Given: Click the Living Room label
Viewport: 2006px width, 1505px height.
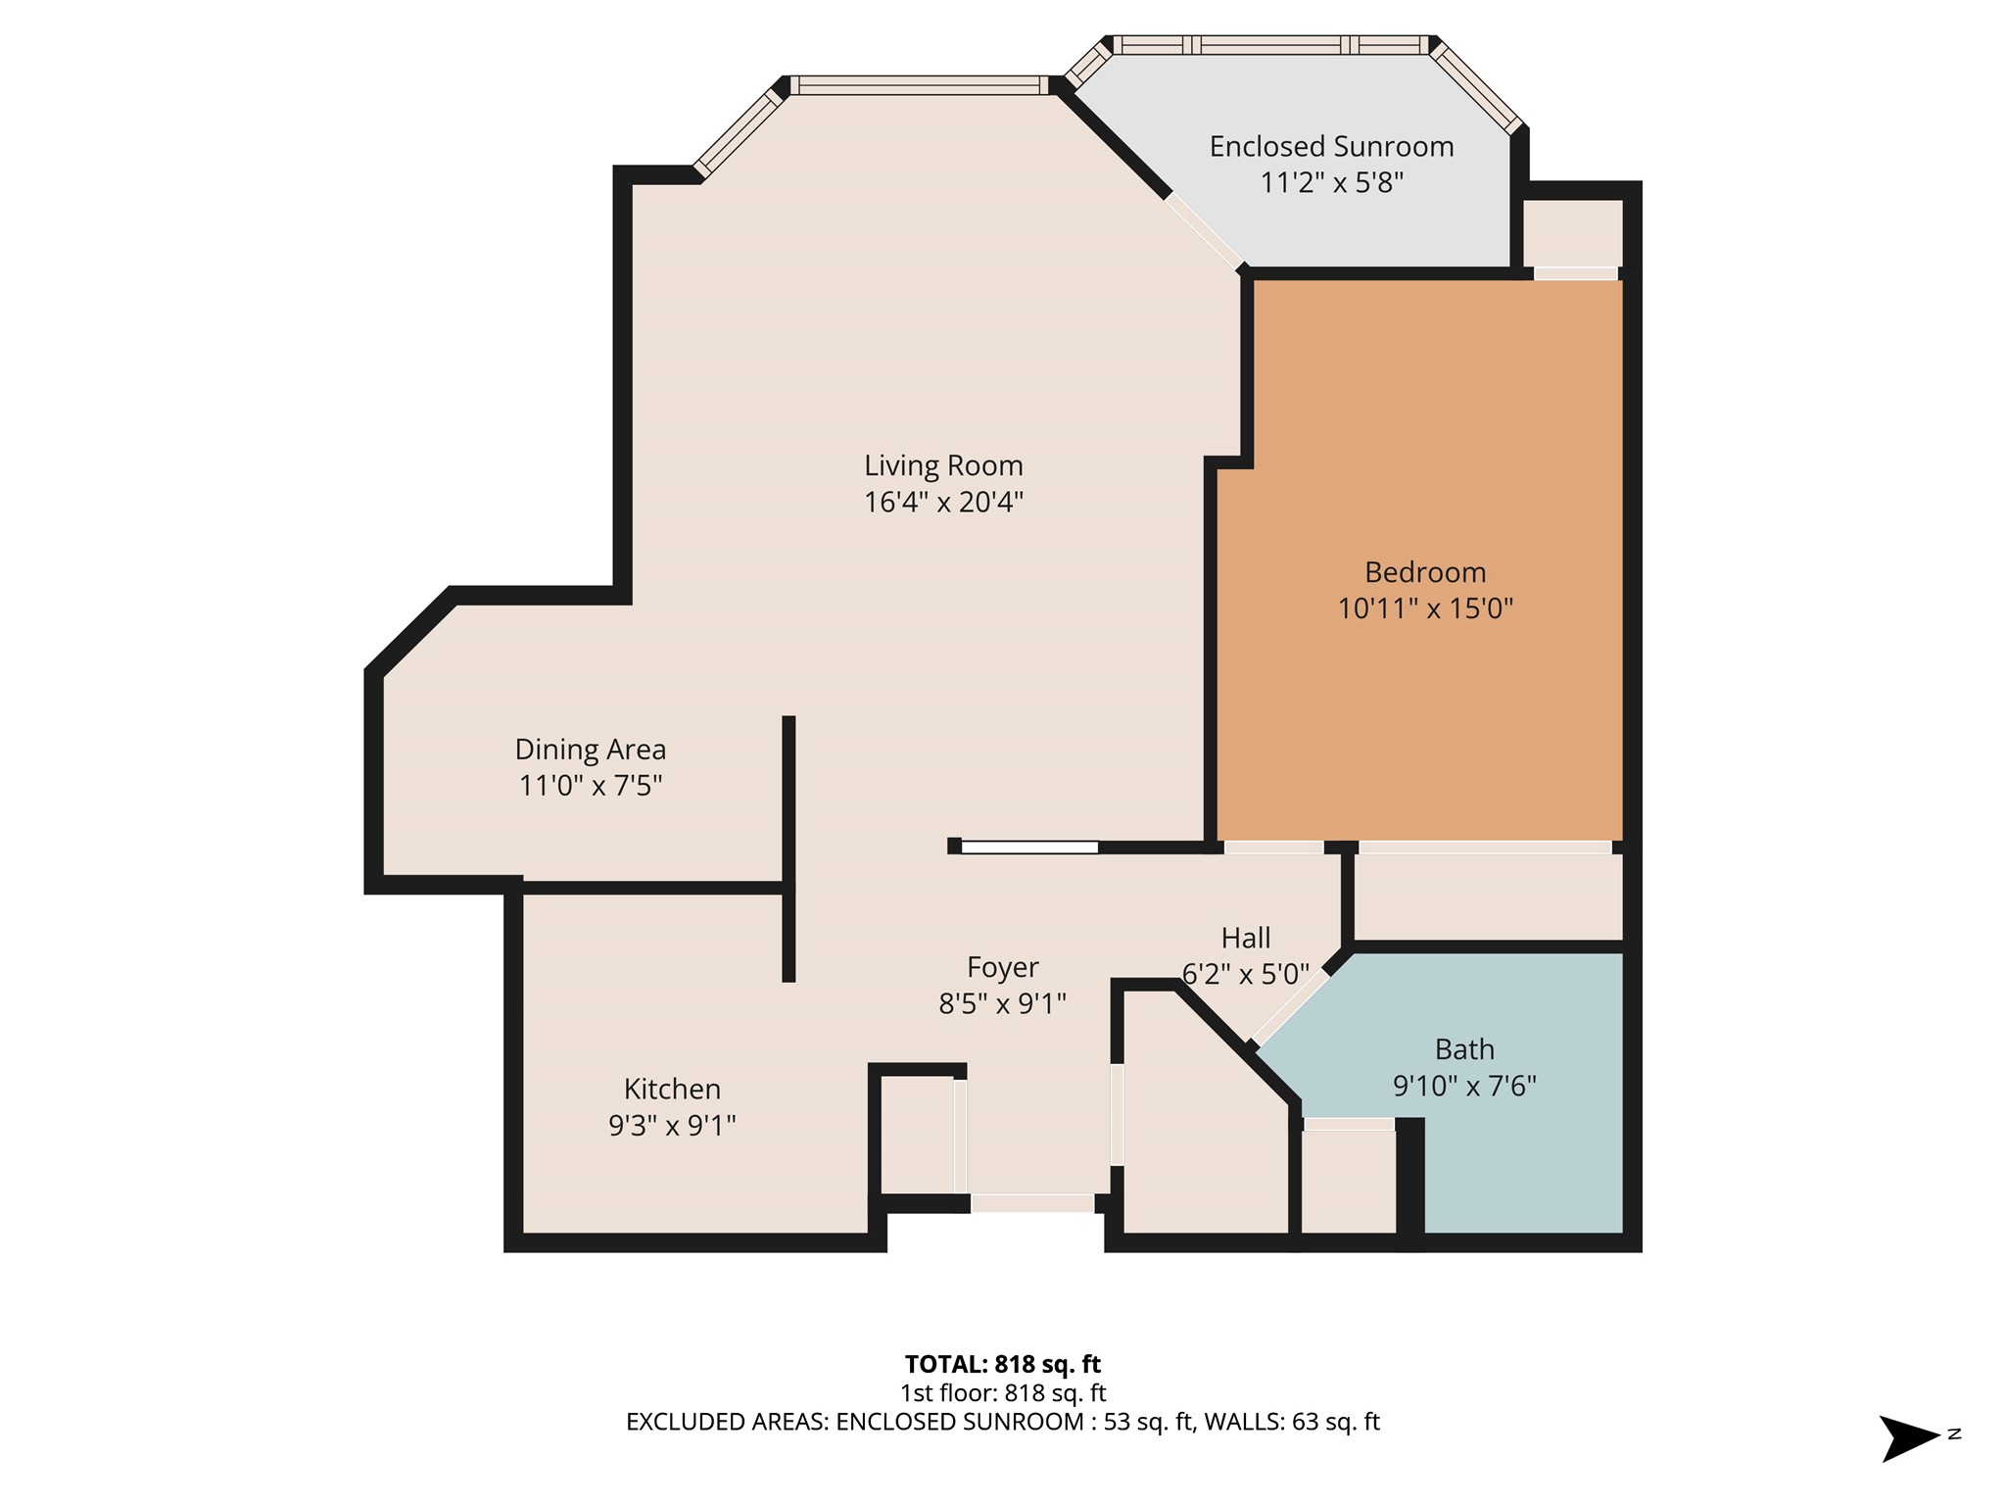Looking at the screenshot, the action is [943, 465].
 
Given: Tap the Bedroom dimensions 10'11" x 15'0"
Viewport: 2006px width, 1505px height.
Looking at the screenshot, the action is [1425, 608].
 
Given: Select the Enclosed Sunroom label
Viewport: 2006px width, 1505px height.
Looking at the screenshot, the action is [1331, 147].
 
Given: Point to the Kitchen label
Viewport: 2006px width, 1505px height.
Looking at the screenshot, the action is [672, 1089].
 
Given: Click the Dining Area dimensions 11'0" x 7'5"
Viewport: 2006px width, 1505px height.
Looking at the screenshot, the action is [591, 786].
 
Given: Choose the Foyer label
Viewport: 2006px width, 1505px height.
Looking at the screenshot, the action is [1002, 968].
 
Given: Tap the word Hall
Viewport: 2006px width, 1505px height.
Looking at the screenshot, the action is [1246, 939].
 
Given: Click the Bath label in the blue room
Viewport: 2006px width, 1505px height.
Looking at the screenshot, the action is [1464, 1049].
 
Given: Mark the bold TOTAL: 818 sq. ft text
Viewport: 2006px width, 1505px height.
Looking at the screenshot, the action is [1003, 1364].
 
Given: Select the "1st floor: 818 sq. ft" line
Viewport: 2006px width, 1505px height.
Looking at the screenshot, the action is [1003, 1392].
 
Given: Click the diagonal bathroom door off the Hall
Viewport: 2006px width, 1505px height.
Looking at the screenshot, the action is [1291, 1007].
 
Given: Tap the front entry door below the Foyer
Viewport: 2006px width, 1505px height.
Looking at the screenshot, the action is [1032, 1203].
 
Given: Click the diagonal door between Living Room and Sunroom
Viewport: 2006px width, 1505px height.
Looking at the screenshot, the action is [1204, 231].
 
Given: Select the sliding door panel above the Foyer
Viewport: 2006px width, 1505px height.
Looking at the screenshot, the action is [1029, 848].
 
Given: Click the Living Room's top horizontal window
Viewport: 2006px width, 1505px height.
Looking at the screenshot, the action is [920, 85].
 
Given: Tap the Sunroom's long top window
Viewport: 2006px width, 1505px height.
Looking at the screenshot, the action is [1270, 45].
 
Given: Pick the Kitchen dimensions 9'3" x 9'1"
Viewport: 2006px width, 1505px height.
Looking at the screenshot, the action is [672, 1126].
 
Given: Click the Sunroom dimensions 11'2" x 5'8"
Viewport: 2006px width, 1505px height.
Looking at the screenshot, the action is [1331, 183].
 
